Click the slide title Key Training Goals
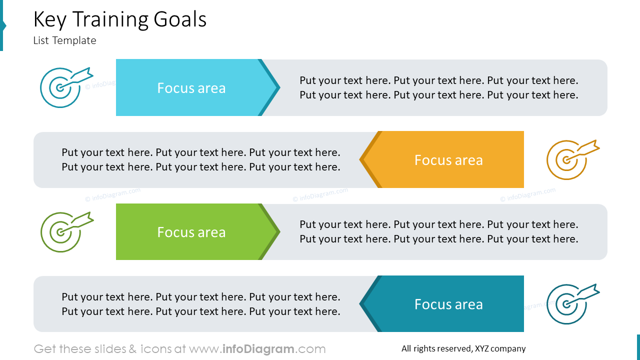119,20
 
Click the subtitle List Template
64,40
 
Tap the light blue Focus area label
191,88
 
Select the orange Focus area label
448,160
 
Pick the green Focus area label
191,232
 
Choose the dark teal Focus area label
448,304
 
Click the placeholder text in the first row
438,87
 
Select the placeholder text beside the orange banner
200,159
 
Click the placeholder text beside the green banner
438,231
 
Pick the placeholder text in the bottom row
200,304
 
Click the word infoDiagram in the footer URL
258,349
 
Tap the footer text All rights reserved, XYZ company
463,349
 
